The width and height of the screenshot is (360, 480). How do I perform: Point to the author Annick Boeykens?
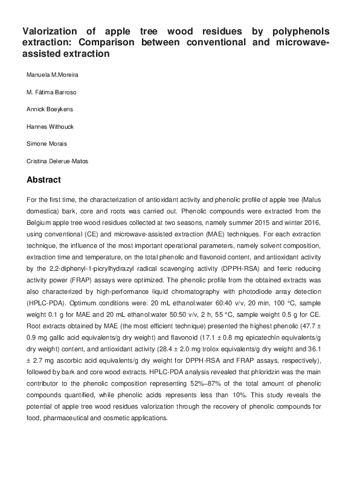tap(49, 111)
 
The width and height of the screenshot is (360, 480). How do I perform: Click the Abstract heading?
tap(44, 180)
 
